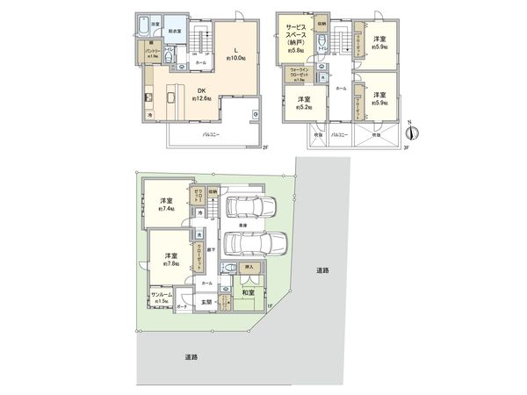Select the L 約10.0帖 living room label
tap(236, 54)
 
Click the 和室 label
tap(248, 292)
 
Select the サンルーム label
tap(160, 296)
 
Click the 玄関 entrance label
tap(208, 304)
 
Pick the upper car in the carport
tap(252, 207)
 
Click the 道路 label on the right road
tap(323, 270)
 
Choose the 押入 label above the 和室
tap(249, 266)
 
